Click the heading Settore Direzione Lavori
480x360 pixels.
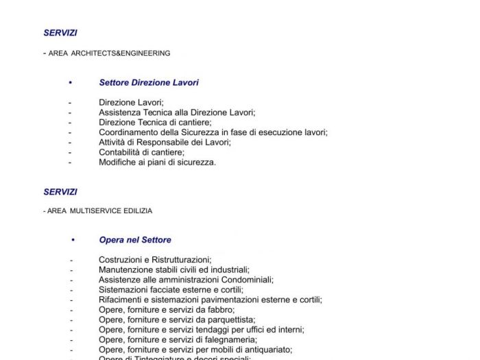point(149,83)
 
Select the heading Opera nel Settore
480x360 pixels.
point(135,240)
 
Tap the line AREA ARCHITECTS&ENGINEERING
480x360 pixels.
point(109,53)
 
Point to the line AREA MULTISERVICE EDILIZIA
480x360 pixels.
point(100,211)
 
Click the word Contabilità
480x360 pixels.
point(119,152)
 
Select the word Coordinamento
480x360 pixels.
point(128,132)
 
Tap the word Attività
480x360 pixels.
point(112,143)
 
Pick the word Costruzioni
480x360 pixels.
point(120,260)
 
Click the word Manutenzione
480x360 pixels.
point(124,270)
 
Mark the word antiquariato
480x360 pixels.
point(266,350)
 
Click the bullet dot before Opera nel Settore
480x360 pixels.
point(73,240)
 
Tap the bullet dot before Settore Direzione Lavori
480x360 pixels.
point(70,83)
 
